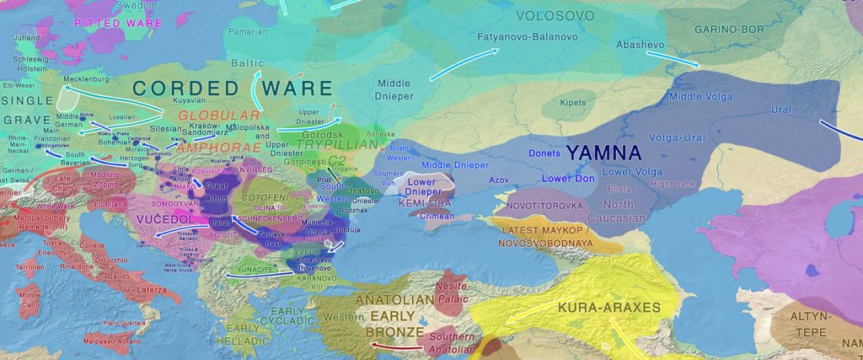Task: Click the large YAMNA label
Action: [x=603, y=153]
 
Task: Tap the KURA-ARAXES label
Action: [x=609, y=308]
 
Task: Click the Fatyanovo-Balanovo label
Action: [x=528, y=38]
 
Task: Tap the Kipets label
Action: [x=573, y=103]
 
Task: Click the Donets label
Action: [x=544, y=153]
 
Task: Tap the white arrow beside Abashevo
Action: [x=672, y=59]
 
